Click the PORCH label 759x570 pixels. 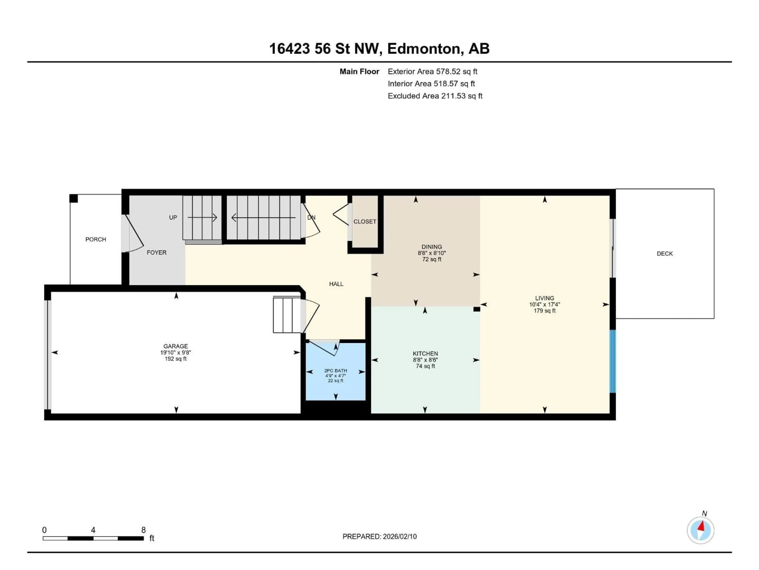[95, 239]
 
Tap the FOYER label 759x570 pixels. [157, 253]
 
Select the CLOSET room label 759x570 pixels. [365, 222]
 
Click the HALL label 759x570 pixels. [336, 284]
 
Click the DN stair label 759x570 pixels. [311, 218]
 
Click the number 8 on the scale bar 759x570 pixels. [143, 530]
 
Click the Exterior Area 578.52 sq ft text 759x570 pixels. [432, 71]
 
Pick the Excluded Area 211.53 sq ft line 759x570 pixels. [435, 96]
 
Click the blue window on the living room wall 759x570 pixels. [613, 361]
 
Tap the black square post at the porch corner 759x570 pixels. [74, 199]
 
